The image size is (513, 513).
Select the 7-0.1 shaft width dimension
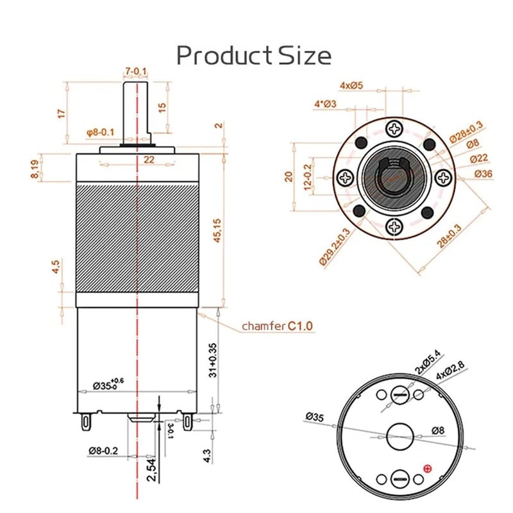(x=136, y=70)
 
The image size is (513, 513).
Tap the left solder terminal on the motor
(x=83, y=421)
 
